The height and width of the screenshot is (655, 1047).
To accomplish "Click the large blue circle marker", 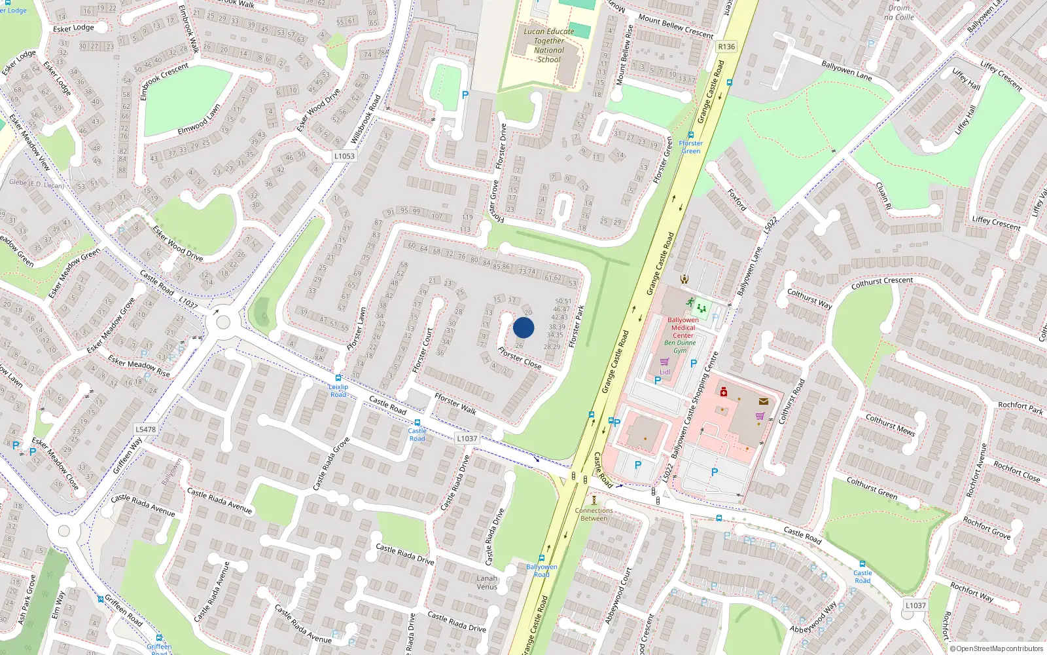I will pos(523,327).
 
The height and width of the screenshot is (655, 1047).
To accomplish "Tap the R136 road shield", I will pos(726,47).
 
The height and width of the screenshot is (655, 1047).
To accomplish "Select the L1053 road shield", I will pos(344,156).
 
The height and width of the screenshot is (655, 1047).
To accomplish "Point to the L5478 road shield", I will pos(145,430).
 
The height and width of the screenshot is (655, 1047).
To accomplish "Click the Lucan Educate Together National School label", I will pos(549,45).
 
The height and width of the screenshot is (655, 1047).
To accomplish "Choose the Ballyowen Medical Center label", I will pos(683,327).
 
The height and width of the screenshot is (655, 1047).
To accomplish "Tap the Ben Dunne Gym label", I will pos(681,346).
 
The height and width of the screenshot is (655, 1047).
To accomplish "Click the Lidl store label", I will pos(665,372).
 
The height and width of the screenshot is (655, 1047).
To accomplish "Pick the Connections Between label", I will pos(594,514).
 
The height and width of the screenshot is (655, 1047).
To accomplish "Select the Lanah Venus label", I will pos(487,582).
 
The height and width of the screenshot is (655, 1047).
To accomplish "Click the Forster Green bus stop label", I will pos(691,147).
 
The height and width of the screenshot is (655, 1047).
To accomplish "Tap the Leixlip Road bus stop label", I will pos(338,390).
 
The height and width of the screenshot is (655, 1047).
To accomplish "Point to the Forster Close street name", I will pos(520,358).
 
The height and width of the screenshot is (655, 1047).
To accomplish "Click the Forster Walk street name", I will pos(455,403).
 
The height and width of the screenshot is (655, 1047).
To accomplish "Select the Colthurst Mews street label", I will pos(890,424).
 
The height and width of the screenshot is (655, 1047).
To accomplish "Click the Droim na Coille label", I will pos(899,12).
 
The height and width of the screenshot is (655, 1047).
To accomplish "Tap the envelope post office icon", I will pos(763,402).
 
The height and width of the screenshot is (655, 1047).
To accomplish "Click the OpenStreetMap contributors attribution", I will pos(997,648).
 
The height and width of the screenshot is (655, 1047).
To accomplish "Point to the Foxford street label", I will pos(737,200).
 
